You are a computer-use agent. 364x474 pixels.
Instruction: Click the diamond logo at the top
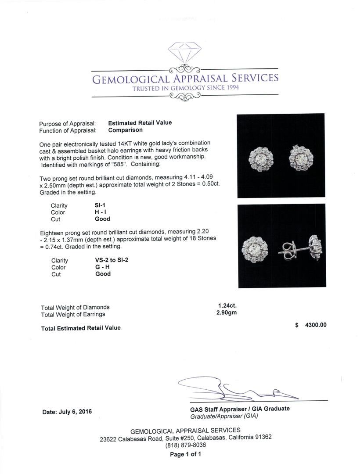[x=184, y=53]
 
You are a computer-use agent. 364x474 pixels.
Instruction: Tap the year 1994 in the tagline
[x=229, y=88]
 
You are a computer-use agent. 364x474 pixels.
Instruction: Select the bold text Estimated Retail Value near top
[x=140, y=123]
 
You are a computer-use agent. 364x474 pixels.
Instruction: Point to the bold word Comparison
[x=125, y=130]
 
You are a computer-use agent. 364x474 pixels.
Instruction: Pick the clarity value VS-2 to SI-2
[x=108, y=260]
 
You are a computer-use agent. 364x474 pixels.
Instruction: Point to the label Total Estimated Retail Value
[x=80, y=328]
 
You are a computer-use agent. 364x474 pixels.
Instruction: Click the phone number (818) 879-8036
[x=185, y=445]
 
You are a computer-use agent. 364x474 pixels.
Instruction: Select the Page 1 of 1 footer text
[x=185, y=454]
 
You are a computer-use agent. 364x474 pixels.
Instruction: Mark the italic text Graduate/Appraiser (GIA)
[x=224, y=416]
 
